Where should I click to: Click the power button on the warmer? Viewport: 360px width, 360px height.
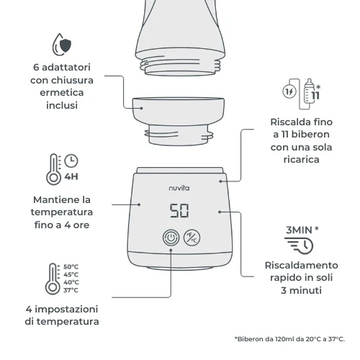coord(171,238)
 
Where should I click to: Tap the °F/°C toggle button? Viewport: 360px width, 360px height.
coord(192,238)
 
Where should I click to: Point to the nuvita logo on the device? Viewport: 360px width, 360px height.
coord(179,188)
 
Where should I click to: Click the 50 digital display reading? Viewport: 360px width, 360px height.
coord(179,210)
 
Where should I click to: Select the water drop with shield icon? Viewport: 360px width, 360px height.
coord(62,45)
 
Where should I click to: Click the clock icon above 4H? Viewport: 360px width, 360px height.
coord(71,161)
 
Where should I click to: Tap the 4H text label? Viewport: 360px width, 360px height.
coord(71,177)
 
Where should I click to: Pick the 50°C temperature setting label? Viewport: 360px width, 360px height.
coord(71,266)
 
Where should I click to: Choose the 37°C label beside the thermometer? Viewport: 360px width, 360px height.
coord(71,290)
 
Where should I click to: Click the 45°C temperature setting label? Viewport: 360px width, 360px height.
coord(71,274)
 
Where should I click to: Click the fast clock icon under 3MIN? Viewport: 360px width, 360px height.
coord(299,246)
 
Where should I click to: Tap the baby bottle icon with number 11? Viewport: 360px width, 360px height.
coord(312,91)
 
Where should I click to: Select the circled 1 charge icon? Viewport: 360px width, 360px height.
coord(289,91)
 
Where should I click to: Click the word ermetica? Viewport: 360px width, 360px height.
coord(62,93)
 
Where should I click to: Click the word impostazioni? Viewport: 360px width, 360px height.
coord(66,309)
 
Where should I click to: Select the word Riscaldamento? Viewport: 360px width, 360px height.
coord(302,265)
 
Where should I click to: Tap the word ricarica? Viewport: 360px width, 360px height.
coord(302,160)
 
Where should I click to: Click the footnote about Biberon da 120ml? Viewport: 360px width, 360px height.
coord(289,339)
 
